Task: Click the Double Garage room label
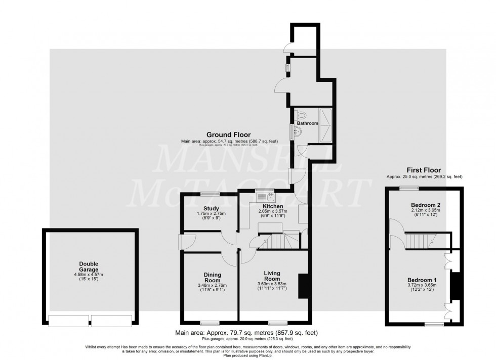coord(89,266)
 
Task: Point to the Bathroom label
coord(307,123)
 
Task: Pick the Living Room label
coord(272,276)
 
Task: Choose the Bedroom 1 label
coord(422,280)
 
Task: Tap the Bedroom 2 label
coord(424,205)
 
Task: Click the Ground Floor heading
coord(221,134)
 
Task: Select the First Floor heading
coord(424,170)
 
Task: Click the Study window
coord(210,194)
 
